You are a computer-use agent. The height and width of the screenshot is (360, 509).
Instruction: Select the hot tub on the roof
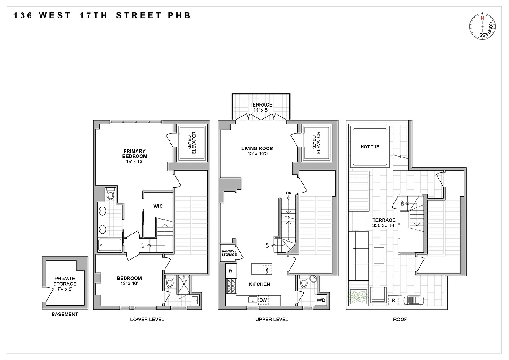(370, 147)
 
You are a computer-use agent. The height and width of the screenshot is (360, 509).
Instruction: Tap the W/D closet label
(321, 300)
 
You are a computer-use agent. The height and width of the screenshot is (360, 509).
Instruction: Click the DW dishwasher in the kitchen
(263, 300)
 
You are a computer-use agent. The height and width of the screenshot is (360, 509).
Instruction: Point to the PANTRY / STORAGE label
(228, 252)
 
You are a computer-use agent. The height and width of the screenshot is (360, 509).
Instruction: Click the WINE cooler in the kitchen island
(267, 269)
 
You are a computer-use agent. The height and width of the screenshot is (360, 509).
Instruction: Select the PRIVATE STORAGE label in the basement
(65, 281)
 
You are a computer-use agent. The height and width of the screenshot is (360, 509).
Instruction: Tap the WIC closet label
(157, 206)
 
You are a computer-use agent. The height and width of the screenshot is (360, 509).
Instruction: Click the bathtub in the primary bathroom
(110, 245)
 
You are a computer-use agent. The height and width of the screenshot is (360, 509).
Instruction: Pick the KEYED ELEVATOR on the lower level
(192, 143)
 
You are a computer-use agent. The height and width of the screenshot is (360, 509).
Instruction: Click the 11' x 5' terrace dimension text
(261, 111)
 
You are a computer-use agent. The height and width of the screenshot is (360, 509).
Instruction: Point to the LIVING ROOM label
(257, 148)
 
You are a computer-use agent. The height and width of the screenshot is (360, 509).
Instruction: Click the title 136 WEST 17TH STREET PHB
(102, 15)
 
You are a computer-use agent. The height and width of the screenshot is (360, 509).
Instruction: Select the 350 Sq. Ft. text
(384, 225)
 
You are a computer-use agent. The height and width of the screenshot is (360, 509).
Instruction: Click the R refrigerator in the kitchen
(230, 271)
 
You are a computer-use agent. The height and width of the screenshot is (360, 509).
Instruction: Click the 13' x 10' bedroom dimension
(129, 284)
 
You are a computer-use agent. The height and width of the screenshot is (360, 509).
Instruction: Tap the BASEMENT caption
(64, 315)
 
